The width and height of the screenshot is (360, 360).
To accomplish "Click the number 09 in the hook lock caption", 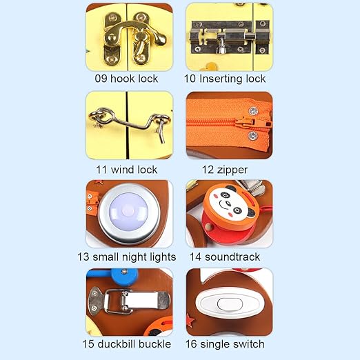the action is click(101, 79).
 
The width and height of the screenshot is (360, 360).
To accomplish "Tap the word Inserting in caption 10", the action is click(221, 79).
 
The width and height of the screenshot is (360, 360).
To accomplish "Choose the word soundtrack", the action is click(232, 257).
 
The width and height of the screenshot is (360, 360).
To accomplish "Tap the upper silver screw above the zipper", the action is click(253, 111).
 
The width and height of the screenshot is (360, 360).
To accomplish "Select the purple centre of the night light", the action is click(128, 212).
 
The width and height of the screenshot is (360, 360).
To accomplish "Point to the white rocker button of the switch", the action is click(230, 304).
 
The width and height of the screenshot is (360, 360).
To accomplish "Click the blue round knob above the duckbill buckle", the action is click(124, 275).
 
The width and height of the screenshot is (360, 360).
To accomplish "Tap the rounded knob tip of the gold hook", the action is click(161, 39).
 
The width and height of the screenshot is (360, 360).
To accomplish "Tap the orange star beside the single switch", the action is click(190, 320).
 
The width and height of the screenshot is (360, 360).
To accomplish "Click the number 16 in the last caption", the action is click(191, 344).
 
